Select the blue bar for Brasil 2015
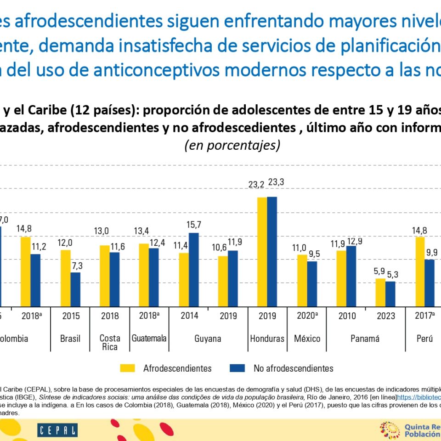pos(75,289)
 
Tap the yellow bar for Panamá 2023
pos(380,292)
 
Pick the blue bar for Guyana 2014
pos(194,270)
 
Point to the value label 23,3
pos(276,182)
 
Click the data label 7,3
pos(76,266)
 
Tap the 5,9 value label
pos(379,271)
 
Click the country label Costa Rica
pos(110,343)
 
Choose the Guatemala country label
pos(149,339)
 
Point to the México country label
pos(307,339)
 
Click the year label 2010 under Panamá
pos(346,316)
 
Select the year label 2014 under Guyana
pos(189,316)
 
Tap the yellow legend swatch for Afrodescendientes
pos(128,368)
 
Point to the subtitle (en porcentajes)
pos(232,145)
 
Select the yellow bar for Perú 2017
pos(419,271)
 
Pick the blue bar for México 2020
pos(312,284)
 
